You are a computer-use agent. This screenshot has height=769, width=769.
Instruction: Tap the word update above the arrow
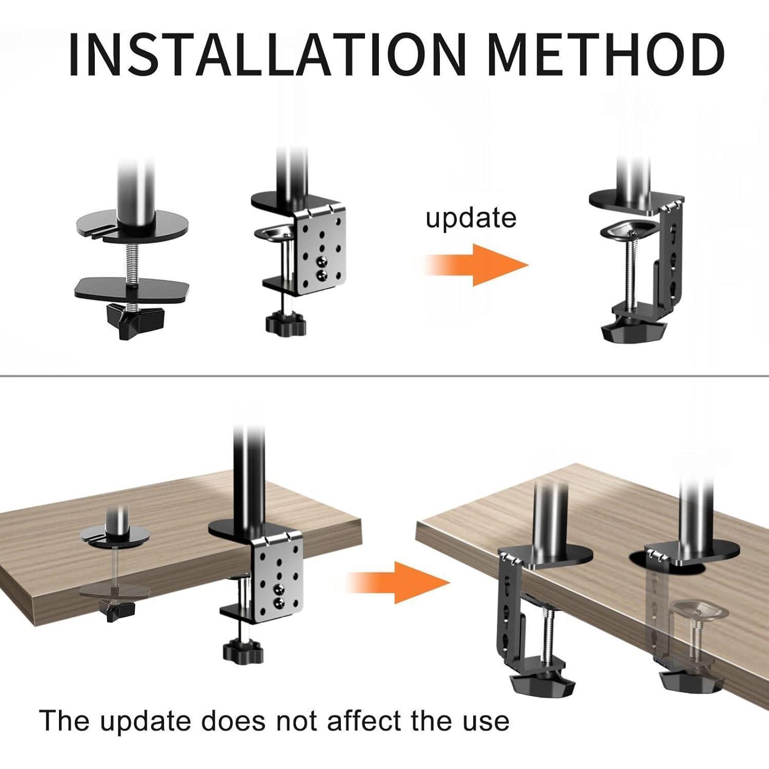tap(471, 218)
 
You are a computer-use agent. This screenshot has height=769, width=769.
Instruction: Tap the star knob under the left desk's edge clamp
tap(243, 652)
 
